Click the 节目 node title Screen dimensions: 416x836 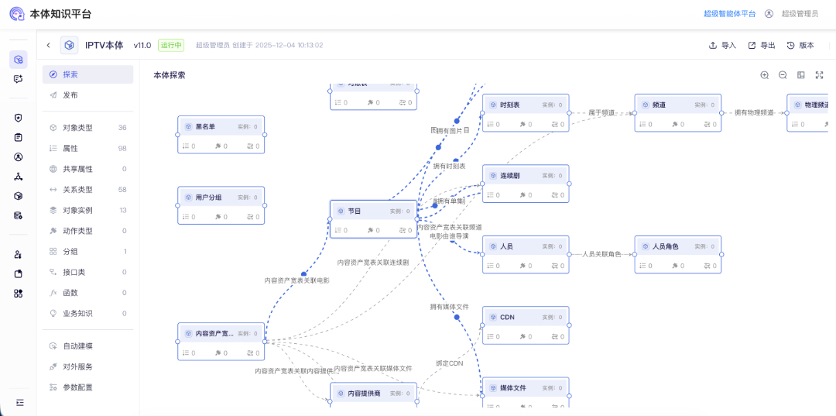(355, 211)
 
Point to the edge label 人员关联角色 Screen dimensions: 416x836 (601, 254)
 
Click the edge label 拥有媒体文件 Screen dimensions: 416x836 (450, 307)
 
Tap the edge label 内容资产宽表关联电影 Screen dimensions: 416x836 (297, 280)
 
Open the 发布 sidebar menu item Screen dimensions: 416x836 (70, 95)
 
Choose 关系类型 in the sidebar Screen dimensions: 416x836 (77, 190)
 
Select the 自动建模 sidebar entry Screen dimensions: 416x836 (77, 346)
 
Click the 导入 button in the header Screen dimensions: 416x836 (722, 46)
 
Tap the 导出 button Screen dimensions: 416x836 (762, 46)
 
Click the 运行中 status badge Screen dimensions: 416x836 (171, 46)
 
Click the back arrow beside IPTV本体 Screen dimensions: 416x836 (48, 46)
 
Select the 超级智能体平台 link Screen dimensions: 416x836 (729, 14)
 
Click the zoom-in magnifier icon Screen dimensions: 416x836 (764, 75)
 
